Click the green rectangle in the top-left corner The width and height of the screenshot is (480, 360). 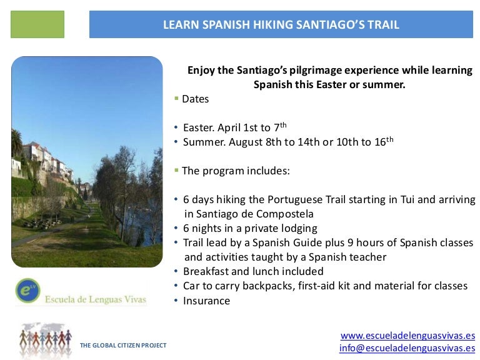coord(37,24)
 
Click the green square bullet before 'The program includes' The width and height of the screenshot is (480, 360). coord(176,170)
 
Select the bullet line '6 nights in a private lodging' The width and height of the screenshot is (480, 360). coord(250,228)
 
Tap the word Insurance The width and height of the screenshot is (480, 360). coord(206,301)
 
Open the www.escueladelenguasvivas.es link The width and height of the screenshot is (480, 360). coord(407,336)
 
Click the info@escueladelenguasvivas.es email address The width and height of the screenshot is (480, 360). coord(407,348)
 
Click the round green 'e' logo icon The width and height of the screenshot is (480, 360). coord(26,289)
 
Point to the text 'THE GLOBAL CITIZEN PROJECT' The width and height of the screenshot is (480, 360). coord(123,346)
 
